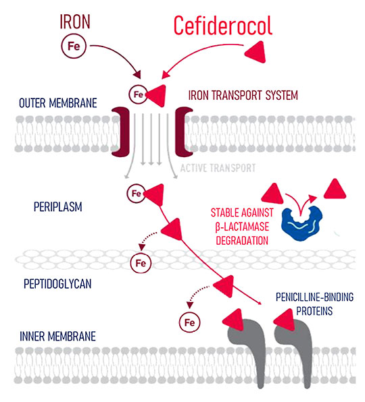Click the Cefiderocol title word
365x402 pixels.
[222, 26]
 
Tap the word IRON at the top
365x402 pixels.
[75, 22]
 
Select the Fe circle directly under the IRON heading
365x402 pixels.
[74, 46]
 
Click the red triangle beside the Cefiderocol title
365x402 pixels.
[256, 52]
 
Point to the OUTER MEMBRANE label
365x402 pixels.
[58, 103]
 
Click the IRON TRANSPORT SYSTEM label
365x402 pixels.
[243, 95]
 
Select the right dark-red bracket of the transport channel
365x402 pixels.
[183, 132]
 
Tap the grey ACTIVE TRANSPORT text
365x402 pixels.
[218, 168]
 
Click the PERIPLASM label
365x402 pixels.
[58, 207]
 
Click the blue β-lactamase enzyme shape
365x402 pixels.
[302, 223]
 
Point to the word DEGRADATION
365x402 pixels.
[242, 241]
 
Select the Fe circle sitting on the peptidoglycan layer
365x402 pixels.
[141, 263]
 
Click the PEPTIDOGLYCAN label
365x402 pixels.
[57, 284]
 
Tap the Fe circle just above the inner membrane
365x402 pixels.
[189, 322]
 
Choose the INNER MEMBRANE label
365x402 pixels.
[58, 337]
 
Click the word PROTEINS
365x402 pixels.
[314, 311]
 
